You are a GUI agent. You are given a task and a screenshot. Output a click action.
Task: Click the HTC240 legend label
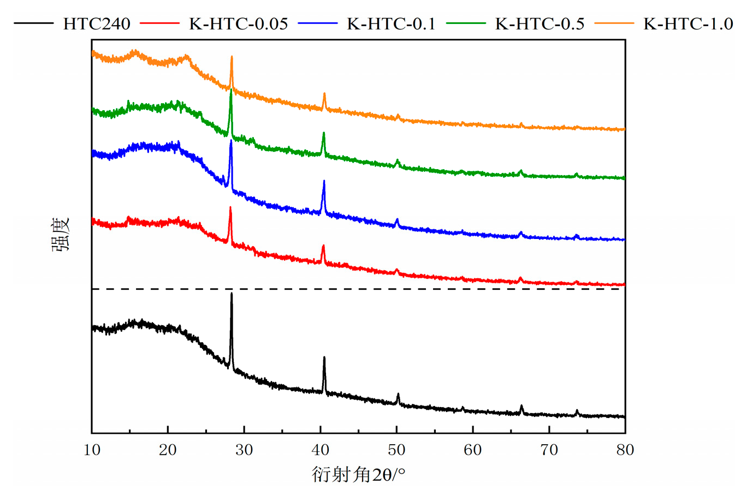point(97,23)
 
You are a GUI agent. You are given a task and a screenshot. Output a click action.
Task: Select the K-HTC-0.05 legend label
point(239,23)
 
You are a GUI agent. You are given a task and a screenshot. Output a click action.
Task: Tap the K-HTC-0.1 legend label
point(391,23)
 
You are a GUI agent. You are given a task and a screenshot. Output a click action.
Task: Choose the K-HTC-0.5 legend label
point(540,23)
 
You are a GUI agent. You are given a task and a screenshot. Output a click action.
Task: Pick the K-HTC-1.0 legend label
point(688,23)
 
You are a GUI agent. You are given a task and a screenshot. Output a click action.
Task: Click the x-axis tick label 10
point(92,450)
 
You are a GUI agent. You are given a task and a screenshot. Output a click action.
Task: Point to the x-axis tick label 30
point(244,450)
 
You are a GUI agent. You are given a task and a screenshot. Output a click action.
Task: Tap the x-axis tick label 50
point(396,450)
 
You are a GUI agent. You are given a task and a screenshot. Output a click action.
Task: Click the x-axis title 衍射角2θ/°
point(358,474)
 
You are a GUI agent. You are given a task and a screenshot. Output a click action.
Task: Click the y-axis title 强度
point(61,235)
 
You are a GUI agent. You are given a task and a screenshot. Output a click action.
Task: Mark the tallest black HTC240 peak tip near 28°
point(232,294)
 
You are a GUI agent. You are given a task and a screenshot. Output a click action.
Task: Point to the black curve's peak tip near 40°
point(324,357)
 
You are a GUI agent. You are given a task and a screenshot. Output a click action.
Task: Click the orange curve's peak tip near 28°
point(232,56)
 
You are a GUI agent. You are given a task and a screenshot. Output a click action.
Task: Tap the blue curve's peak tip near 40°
point(324,181)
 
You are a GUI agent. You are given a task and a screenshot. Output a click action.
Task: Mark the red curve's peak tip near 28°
point(230,207)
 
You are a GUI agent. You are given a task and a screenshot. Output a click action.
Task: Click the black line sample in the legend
point(33,23)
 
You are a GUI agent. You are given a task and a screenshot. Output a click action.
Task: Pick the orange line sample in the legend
point(614,23)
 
